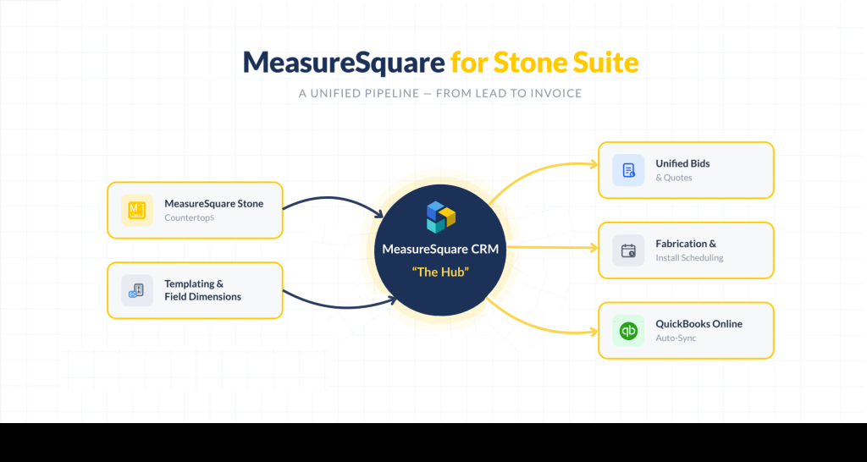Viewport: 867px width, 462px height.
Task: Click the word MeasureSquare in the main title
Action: (x=343, y=62)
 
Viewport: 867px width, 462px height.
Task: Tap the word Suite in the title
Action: (x=600, y=62)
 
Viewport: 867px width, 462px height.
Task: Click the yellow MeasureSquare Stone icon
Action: (x=136, y=210)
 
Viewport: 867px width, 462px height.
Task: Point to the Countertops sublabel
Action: (x=189, y=217)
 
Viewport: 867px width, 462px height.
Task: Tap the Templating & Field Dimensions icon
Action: (x=136, y=290)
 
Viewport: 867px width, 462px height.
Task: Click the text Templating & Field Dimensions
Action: (x=202, y=290)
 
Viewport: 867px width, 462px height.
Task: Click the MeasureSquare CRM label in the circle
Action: (x=439, y=250)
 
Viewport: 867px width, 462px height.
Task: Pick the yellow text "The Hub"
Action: (x=439, y=272)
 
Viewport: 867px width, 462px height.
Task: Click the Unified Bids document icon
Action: (x=628, y=170)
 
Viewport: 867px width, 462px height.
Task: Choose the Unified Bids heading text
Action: (x=682, y=163)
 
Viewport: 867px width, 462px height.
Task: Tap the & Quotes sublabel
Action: (x=673, y=178)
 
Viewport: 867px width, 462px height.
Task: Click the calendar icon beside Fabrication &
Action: (x=628, y=250)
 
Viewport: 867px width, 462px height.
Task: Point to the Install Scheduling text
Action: (x=689, y=258)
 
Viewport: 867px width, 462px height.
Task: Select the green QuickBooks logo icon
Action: (x=628, y=330)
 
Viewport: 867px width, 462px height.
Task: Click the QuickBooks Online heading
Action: (x=699, y=323)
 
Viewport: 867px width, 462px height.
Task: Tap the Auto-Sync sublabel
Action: (x=676, y=338)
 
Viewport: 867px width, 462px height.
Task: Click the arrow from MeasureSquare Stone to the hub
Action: (x=334, y=202)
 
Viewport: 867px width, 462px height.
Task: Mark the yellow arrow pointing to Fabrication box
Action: (x=550, y=249)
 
